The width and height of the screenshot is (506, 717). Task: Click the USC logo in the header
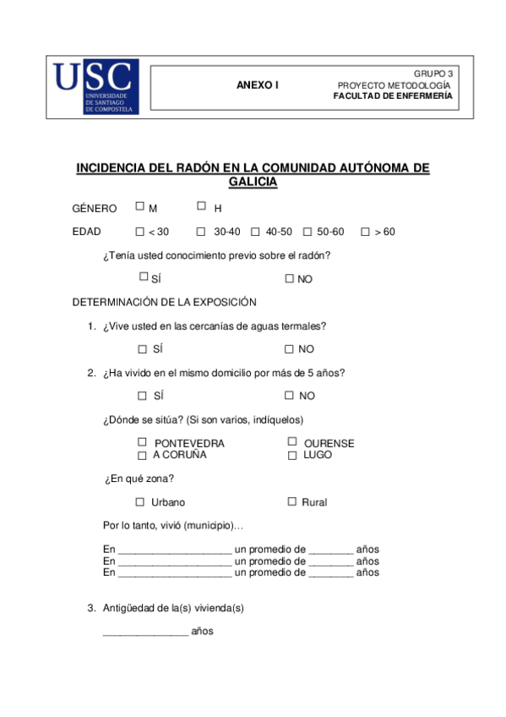[94, 87]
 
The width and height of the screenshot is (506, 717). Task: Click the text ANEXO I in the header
[257, 85]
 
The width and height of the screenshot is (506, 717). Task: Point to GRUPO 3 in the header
[433, 74]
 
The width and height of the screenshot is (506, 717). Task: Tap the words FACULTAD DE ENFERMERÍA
[393, 96]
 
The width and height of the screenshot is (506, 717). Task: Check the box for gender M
[139, 205]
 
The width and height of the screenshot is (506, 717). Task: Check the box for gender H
[201, 205]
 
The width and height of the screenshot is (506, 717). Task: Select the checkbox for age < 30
[140, 232]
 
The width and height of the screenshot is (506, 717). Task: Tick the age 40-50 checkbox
[255, 232]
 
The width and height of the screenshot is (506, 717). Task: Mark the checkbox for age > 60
[365, 232]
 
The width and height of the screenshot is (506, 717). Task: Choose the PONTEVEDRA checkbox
[142, 441]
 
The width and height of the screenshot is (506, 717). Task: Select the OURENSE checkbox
[292, 441]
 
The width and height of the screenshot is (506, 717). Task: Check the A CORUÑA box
[142, 455]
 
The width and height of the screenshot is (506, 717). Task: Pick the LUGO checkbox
[292, 455]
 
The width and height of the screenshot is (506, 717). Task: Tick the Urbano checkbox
[140, 501]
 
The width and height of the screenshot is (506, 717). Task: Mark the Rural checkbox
[292, 501]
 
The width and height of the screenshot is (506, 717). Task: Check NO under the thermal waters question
[289, 348]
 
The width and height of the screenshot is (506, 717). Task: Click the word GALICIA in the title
[253, 182]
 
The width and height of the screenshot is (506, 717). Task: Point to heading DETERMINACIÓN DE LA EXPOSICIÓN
[164, 302]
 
